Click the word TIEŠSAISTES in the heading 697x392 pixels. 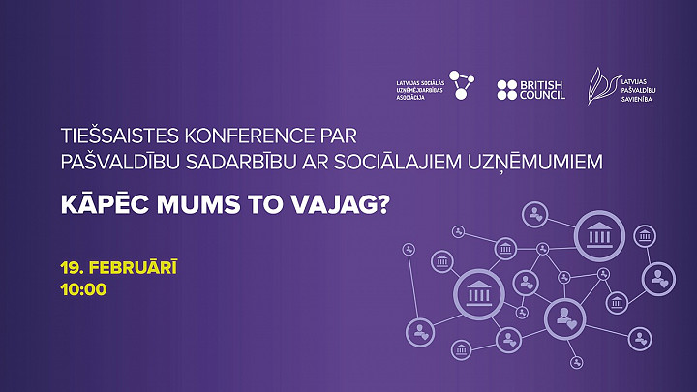pyautogui.click(x=120, y=136)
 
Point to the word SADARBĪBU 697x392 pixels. pyautogui.click(x=240, y=162)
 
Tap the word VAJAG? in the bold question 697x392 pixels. pyautogui.click(x=340, y=205)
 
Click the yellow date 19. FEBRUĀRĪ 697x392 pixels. pyautogui.click(x=119, y=267)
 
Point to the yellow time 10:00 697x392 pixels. pyautogui.click(x=83, y=289)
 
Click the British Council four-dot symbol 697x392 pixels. pyautogui.click(x=506, y=90)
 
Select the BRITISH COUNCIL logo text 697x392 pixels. pyautogui.click(x=542, y=90)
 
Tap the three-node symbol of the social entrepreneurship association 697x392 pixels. pyautogui.click(x=462, y=85)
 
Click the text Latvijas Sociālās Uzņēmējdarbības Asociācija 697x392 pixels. pyautogui.click(x=420, y=90)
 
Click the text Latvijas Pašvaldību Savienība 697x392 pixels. pyautogui.click(x=638, y=90)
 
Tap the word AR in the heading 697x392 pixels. pyautogui.click(x=315, y=163)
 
